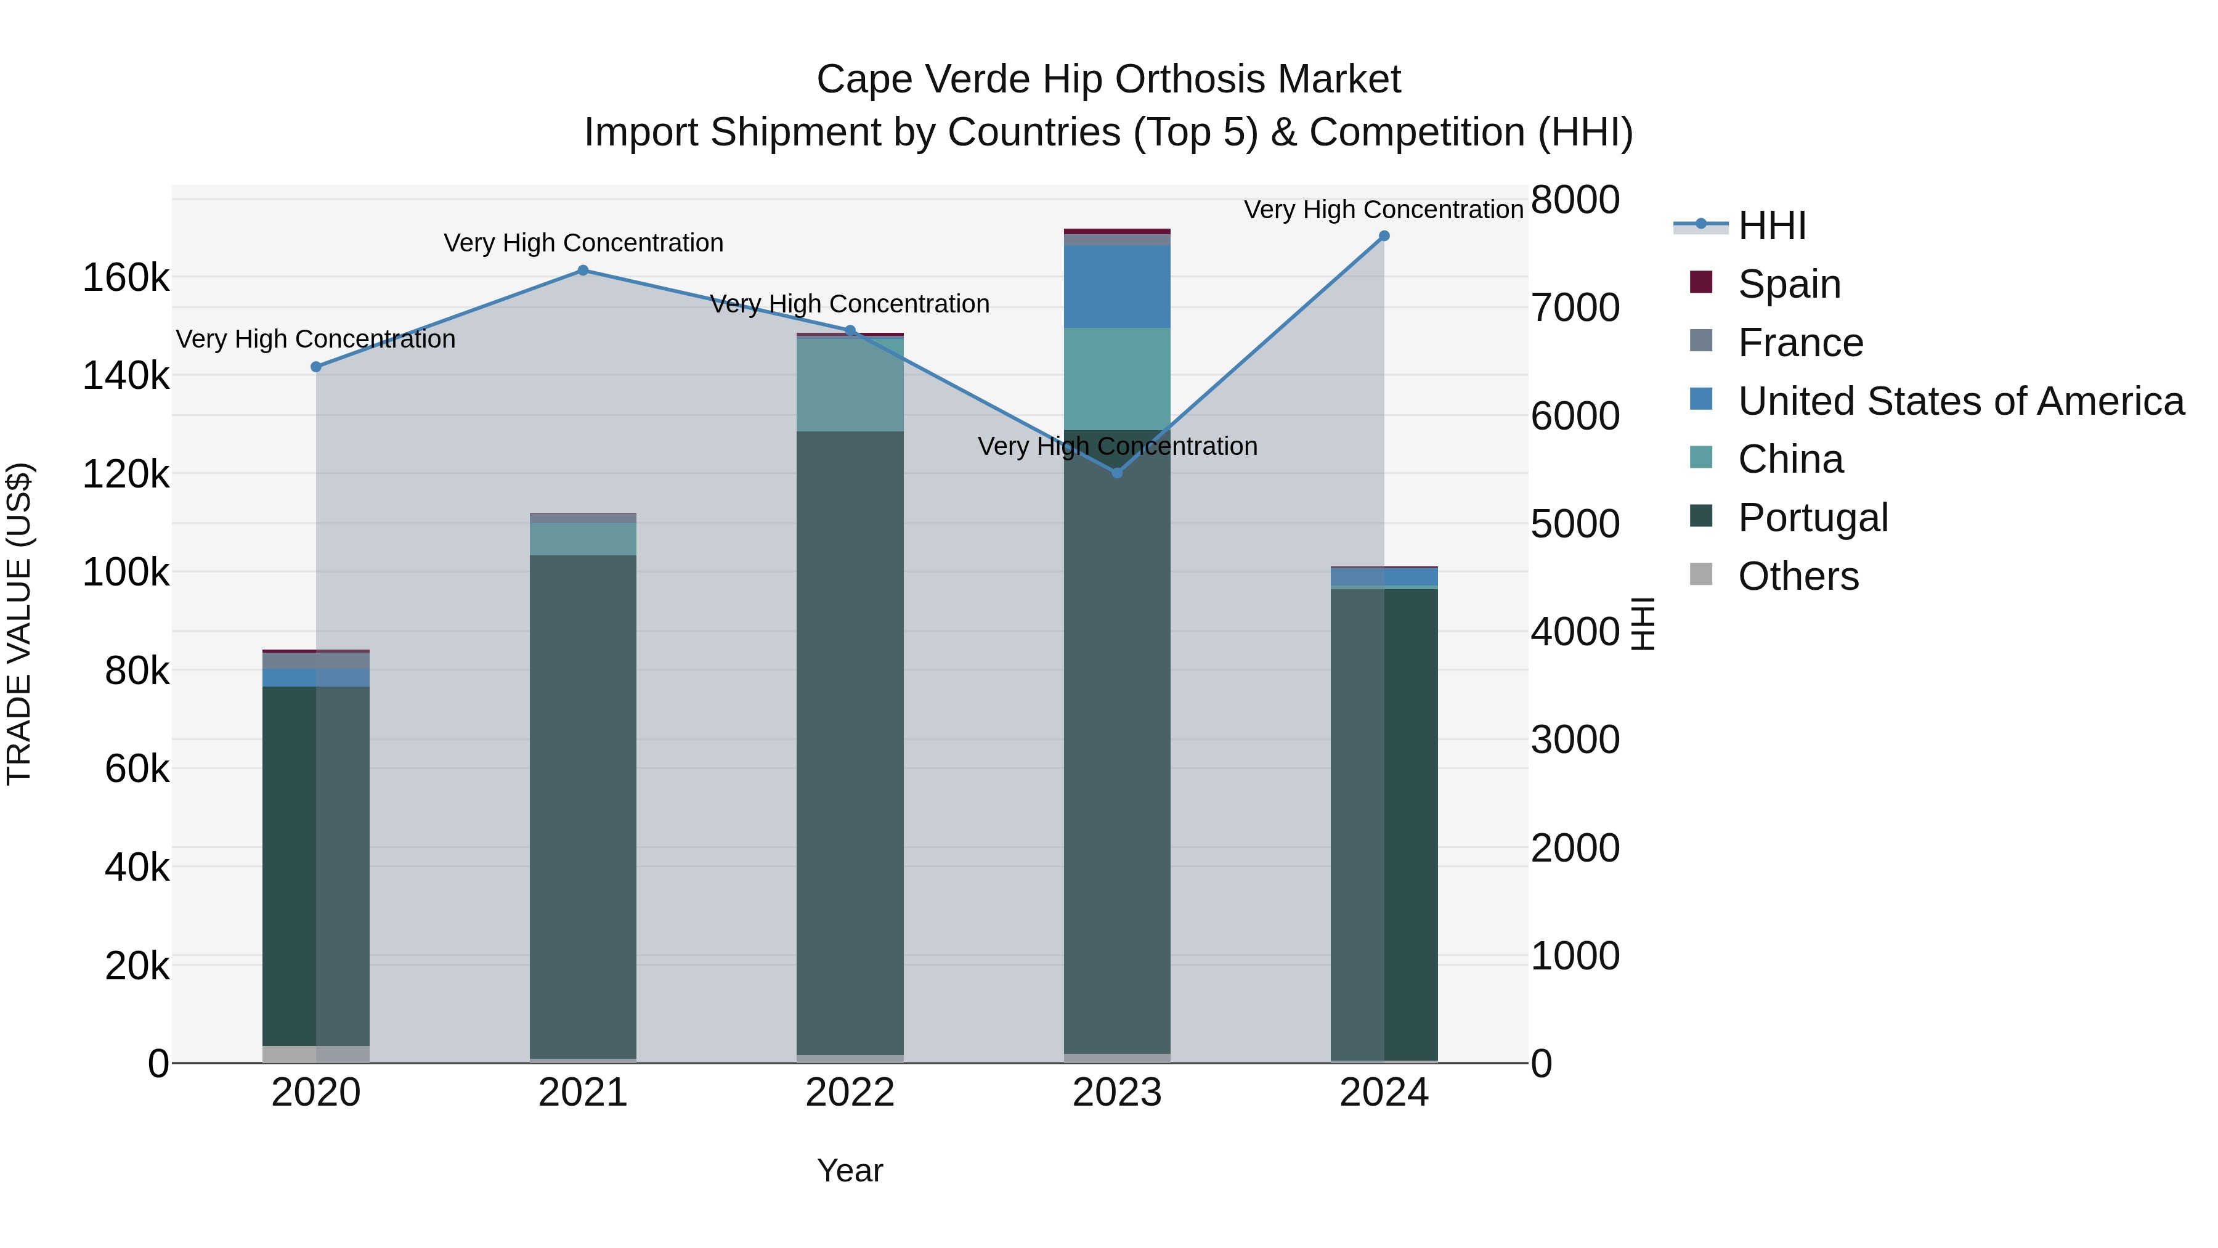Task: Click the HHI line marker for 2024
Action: (x=1384, y=236)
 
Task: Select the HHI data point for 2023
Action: (x=1117, y=473)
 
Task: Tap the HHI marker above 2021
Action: (x=583, y=271)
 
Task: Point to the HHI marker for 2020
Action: (x=316, y=367)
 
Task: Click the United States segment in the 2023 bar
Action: (x=1117, y=286)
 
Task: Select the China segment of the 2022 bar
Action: (x=850, y=384)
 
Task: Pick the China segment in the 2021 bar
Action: (x=583, y=539)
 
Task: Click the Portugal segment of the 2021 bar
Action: (x=583, y=805)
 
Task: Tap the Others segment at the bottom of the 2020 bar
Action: (x=316, y=1054)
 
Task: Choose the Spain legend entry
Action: (x=1789, y=284)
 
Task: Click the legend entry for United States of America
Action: (x=1960, y=401)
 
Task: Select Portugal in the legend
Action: (x=1813, y=518)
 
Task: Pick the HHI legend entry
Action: (x=1771, y=226)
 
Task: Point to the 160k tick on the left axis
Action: (x=126, y=278)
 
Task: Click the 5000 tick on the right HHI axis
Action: (x=1575, y=524)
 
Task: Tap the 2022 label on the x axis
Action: (x=850, y=1093)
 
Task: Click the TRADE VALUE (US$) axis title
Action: (x=19, y=624)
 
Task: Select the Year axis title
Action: (x=850, y=1170)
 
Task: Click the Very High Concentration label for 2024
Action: (x=1384, y=210)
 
